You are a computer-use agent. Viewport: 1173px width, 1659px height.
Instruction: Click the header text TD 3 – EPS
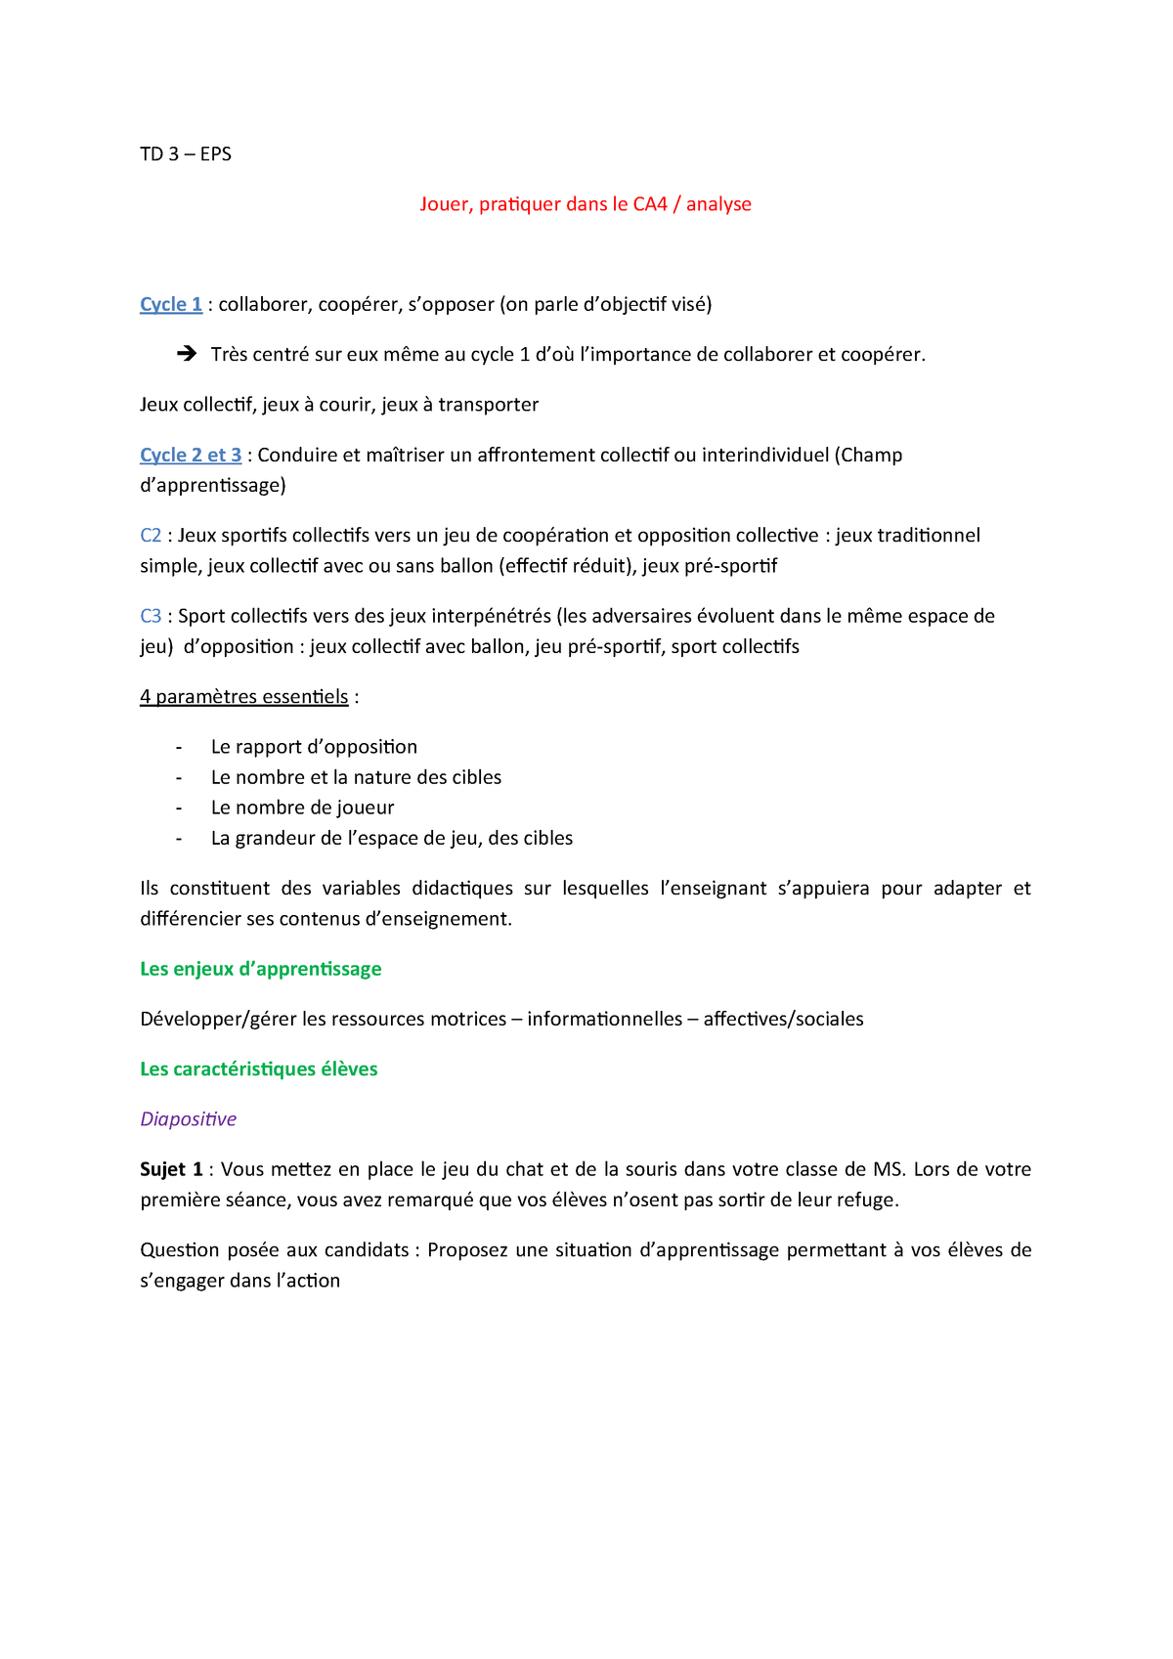pyautogui.click(x=186, y=154)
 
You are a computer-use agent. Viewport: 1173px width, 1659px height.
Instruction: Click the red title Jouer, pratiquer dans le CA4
pyautogui.click(x=585, y=204)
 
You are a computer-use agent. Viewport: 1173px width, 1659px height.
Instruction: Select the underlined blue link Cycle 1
pyautogui.click(x=171, y=304)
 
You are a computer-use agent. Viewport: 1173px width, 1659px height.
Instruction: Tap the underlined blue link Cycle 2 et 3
pyautogui.click(x=191, y=455)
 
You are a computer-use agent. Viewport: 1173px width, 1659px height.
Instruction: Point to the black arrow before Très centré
pyautogui.click(x=187, y=354)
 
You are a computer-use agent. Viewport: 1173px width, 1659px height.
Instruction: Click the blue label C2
pyautogui.click(x=151, y=536)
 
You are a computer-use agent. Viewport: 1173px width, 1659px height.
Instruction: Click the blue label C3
pyautogui.click(x=151, y=616)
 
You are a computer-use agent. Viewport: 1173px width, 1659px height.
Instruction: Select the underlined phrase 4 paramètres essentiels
pyautogui.click(x=244, y=697)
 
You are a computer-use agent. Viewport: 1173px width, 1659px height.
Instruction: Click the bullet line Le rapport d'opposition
pyautogui.click(x=314, y=747)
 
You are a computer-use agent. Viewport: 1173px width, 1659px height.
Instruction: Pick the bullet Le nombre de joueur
pyautogui.click(x=302, y=808)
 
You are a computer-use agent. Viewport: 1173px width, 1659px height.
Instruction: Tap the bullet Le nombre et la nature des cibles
pyautogui.click(x=356, y=777)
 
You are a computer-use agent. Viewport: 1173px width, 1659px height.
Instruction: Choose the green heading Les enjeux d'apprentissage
pyautogui.click(x=261, y=969)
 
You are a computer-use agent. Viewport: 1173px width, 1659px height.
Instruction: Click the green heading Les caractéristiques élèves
pyautogui.click(x=259, y=1070)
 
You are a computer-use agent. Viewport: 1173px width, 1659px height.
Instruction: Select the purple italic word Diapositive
pyautogui.click(x=189, y=1119)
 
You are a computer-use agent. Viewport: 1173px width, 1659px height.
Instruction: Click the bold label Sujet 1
pyautogui.click(x=172, y=1169)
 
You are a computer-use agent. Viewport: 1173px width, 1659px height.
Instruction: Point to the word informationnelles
pyautogui.click(x=605, y=1019)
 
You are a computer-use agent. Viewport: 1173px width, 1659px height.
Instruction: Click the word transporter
pyautogui.click(x=488, y=405)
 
